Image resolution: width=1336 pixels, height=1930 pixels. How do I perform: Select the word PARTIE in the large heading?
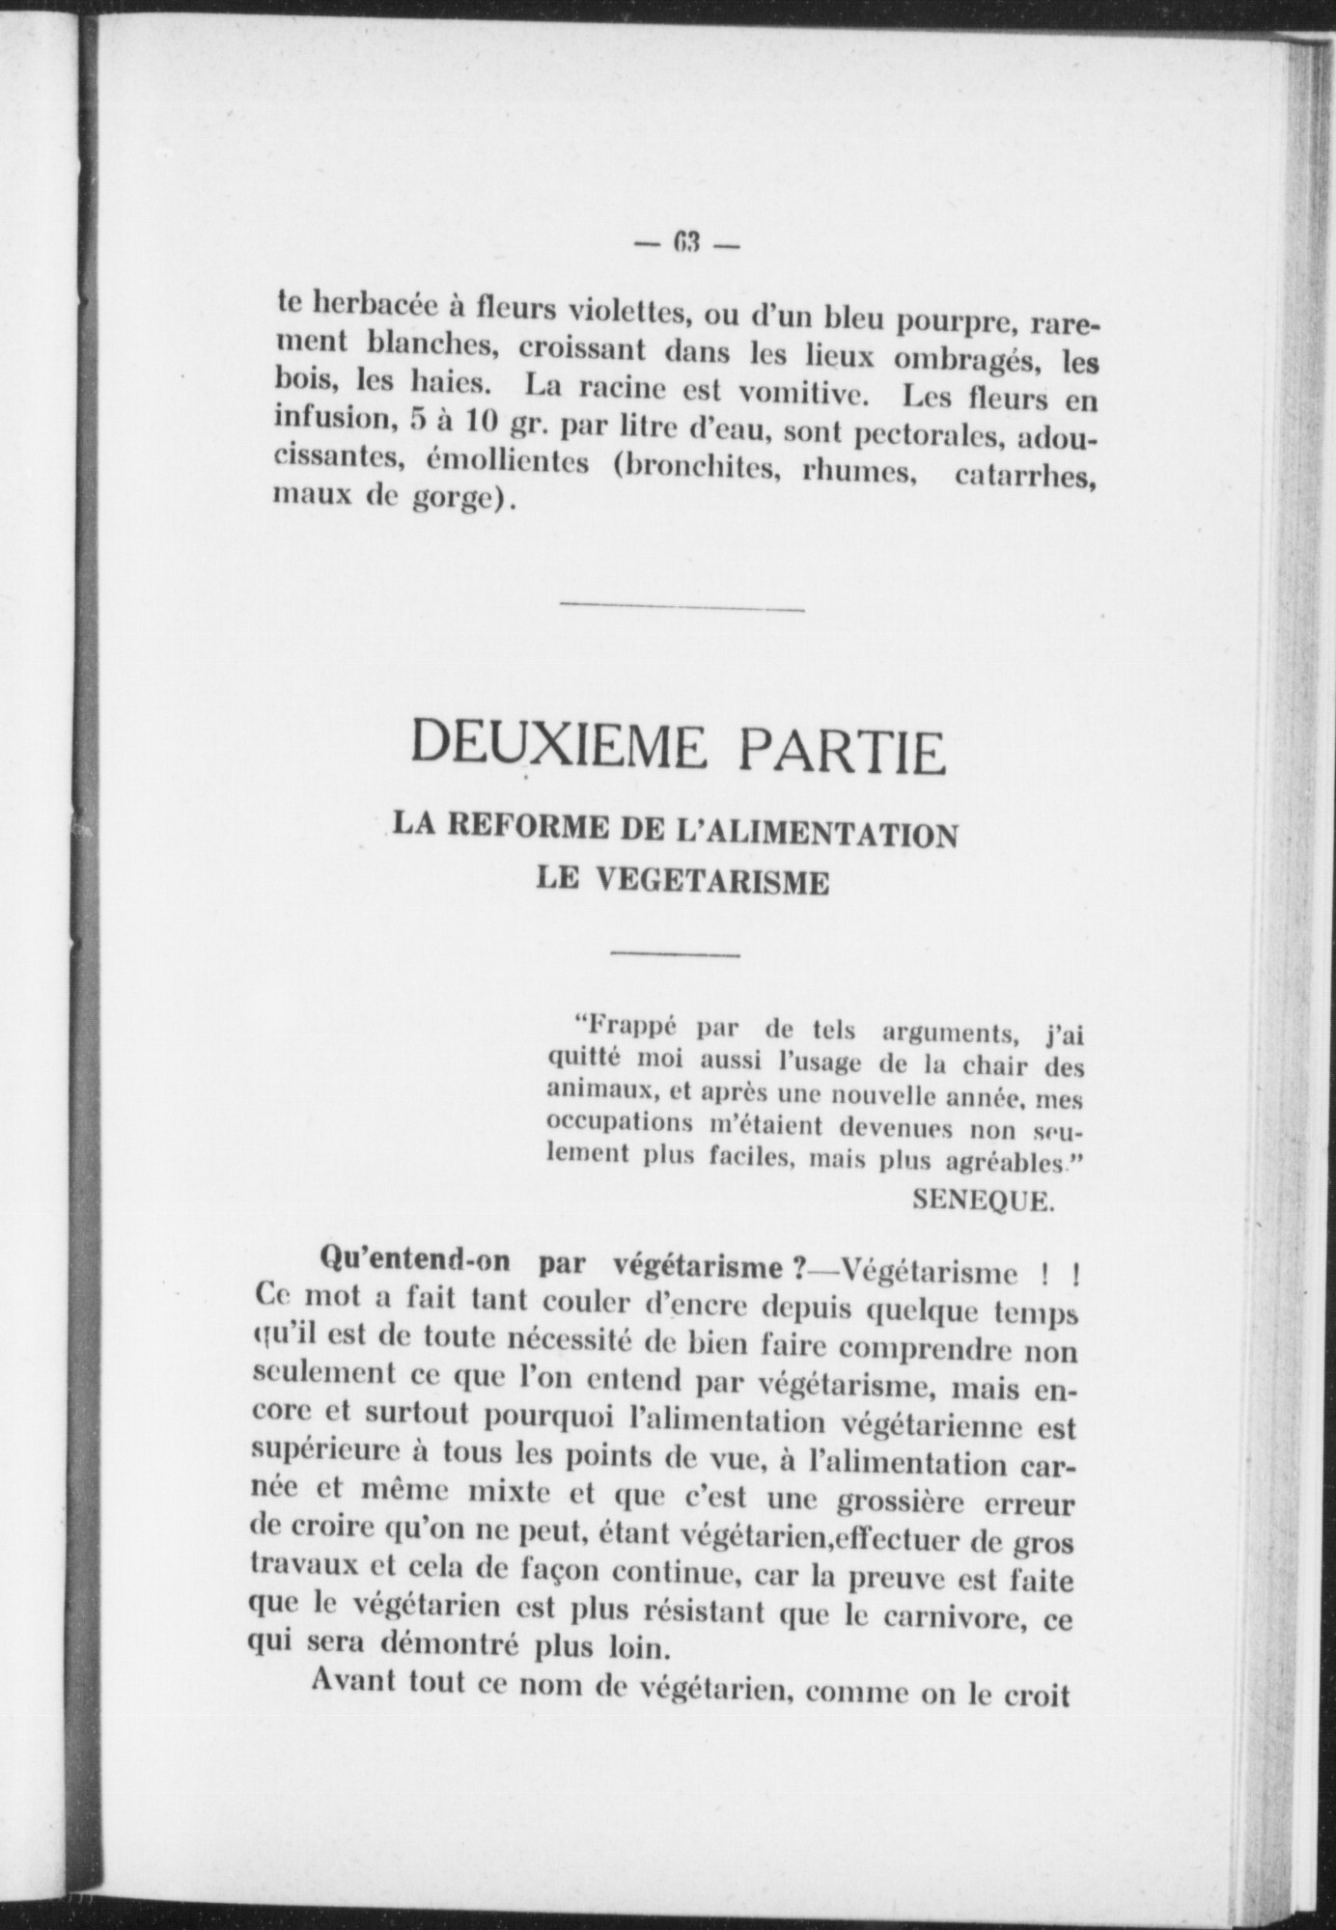838,752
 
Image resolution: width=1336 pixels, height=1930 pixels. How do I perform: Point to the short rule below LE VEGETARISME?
675,954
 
